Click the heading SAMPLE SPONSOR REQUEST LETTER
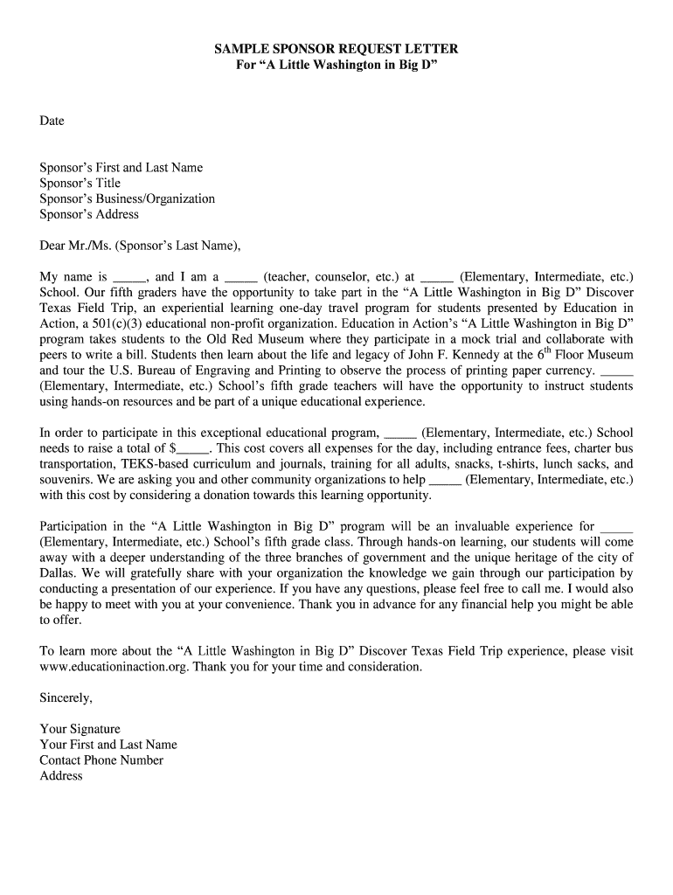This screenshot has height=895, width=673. (x=336, y=49)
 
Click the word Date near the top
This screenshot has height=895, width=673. (x=52, y=121)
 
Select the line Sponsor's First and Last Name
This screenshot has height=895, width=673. (x=121, y=168)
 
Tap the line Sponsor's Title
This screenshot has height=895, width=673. (x=80, y=184)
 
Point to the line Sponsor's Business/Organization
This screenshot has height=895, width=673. (x=127, y=199)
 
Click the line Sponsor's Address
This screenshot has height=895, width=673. (x=89, y=215)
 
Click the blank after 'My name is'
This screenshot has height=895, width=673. (x=130, y=277)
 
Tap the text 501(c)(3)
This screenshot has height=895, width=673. (x=121, y=324)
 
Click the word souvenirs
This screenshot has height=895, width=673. (x=66, y=481)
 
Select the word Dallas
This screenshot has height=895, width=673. (x=58, y=574)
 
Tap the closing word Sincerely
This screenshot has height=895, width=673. (x=66, y=698)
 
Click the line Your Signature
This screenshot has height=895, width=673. (x=80, y=730)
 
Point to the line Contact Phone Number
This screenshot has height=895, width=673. (x=101, y=760)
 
